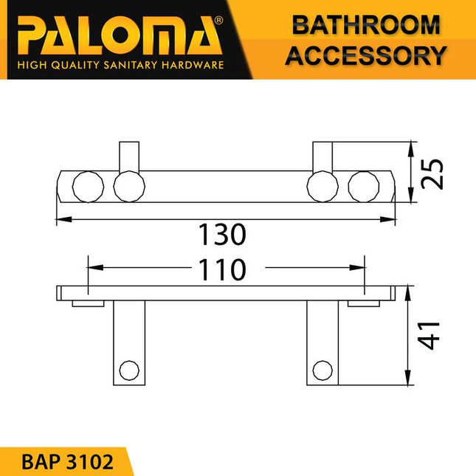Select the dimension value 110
pyautogui.click(x=221, y=270)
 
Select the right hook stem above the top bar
pyautogui.click(x=322, y=157)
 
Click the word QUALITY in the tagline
pyautogui.click(x=77, y=66)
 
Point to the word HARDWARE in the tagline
pyautogui.click(x=194, y=66)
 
